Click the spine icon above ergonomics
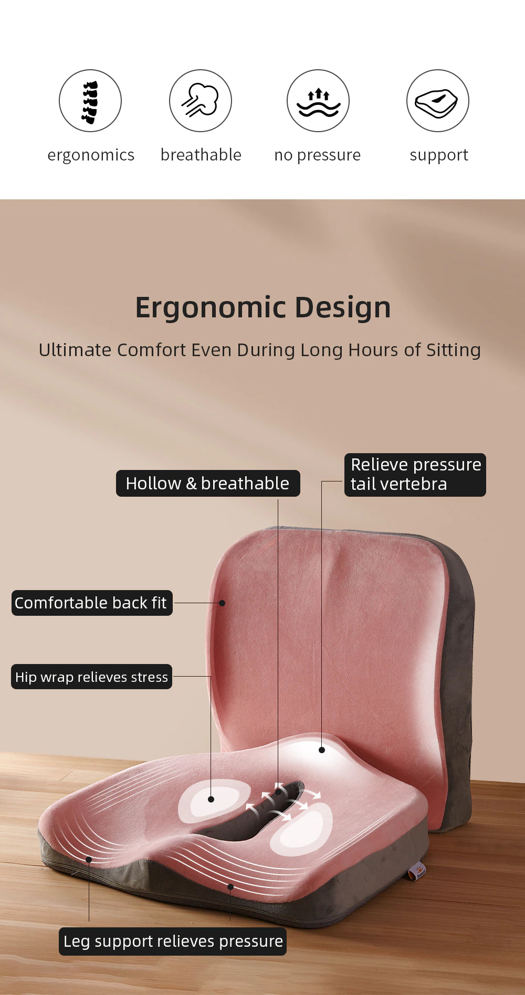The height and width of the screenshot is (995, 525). pos(90,101)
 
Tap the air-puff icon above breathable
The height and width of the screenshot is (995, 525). pos(200,101)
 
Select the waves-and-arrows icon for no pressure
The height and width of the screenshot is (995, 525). pos(318,101)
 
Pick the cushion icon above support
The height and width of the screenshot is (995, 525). pos(437,101)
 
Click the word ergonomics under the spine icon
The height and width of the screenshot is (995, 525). pos(91,155)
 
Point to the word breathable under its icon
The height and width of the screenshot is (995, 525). pos(201,155)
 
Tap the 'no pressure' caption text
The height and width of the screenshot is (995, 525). pos(317,155)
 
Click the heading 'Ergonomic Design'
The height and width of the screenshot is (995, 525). pos(262,307)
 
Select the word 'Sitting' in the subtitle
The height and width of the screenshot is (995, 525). pos(453,350)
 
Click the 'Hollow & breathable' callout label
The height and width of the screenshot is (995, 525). pos(208,483)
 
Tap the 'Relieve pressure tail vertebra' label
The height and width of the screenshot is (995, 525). pos(415,475)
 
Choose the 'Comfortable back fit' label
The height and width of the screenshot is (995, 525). pos(91,603)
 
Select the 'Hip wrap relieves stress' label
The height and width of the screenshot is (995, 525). pos(91,677)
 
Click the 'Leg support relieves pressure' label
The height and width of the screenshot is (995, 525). pos(173,941)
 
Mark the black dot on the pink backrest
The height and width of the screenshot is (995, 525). pos(222,603)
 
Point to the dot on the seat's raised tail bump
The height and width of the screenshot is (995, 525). pos(322,750)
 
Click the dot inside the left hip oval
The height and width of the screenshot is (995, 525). pos(211,799)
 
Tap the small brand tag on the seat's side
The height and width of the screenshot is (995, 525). pos(417,872)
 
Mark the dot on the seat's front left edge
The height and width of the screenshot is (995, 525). pos(89,859)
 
